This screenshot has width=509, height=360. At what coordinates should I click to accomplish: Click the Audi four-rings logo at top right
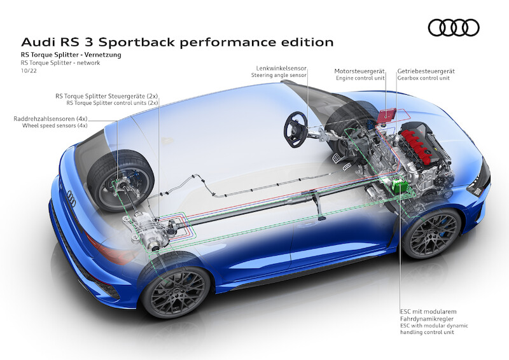point(453,27)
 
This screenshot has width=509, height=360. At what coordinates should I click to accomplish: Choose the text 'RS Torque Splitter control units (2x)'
point(112,102)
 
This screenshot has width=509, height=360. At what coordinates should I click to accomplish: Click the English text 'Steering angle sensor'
point(279,75)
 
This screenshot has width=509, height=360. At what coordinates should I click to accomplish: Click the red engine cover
point(422,144)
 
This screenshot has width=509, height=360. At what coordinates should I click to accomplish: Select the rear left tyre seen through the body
point(120,179)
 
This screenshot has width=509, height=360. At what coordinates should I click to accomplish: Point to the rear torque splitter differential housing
point(151,231)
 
